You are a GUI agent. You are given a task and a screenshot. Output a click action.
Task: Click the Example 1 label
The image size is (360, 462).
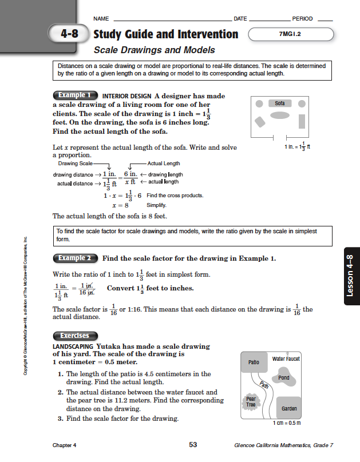75,95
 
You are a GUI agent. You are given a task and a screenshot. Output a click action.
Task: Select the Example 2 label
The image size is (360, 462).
75,258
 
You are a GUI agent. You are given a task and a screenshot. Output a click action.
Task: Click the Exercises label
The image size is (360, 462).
75,336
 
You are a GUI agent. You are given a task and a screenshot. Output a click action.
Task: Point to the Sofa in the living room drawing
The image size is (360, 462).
280,103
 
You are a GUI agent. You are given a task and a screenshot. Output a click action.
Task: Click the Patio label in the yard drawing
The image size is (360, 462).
254,363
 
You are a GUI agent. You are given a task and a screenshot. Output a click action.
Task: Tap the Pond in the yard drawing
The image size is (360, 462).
283,378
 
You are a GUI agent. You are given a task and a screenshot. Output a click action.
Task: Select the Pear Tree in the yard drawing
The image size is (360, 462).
251,401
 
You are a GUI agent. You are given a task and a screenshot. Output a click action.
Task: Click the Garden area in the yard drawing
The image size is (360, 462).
289,409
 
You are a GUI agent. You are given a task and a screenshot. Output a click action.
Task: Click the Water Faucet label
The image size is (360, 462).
286,359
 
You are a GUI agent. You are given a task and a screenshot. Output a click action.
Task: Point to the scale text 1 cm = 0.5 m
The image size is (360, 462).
286,424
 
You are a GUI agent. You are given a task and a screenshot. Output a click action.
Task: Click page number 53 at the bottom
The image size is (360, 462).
193,445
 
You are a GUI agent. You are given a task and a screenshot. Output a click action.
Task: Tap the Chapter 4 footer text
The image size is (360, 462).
64,445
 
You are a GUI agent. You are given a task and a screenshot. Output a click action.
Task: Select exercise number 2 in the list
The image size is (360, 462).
61,392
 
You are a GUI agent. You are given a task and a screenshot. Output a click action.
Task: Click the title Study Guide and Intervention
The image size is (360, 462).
165,34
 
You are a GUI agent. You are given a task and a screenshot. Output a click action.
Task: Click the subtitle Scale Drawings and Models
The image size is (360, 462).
154,50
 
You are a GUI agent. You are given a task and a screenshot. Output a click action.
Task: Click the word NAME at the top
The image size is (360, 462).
101,19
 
